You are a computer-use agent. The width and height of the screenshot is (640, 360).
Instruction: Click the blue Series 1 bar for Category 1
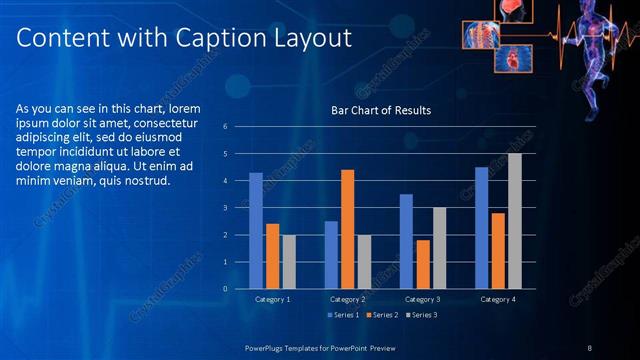tap(256, 231)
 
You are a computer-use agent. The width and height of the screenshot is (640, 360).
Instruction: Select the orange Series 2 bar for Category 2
tap(347, 229)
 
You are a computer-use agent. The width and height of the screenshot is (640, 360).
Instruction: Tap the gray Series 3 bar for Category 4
tap(515, 221)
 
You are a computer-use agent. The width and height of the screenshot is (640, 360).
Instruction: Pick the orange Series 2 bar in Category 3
tap(423, 264)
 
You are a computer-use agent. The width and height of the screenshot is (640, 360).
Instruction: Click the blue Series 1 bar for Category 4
tap(481, 228)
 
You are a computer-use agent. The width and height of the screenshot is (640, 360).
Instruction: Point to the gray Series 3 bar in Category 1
tap(289, 262)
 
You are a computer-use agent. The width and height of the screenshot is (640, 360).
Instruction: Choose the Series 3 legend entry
tap(423, 315)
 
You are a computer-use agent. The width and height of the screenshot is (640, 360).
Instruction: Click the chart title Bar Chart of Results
tap(381, 111)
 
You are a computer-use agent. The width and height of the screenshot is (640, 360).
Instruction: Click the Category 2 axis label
tap(347, 299)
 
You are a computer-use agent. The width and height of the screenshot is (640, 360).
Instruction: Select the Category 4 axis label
tap(498, 299)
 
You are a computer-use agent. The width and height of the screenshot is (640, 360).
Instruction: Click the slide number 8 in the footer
tap(590, 347)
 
